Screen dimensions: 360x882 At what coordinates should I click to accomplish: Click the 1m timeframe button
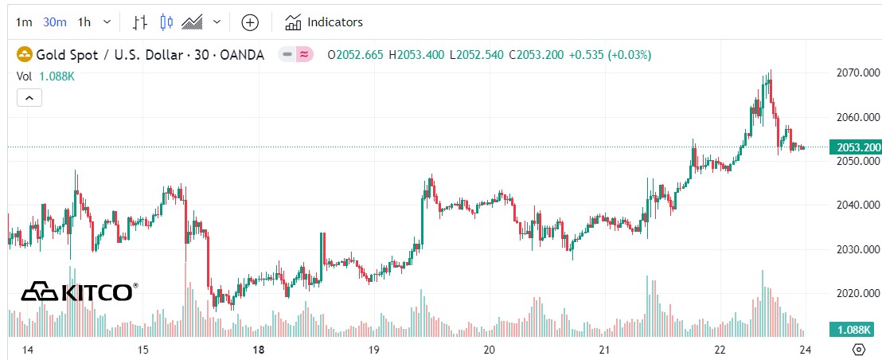[x=24, y=22]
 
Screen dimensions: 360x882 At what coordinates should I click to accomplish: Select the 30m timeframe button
[x=54, y=22]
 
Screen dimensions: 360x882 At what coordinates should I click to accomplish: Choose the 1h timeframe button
[x=84, y=22]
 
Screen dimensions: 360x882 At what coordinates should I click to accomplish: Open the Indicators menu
[x=324, y=22]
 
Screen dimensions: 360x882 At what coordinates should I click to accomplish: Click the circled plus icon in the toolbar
[x=250, y=22]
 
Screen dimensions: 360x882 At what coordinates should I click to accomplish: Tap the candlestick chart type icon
[x=166, y=22]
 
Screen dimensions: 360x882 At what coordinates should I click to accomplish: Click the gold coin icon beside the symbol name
[x=25, y=55]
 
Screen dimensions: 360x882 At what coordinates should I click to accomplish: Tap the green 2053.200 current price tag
[x=855, y=147]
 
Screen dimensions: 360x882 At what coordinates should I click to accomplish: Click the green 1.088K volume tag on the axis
[x=855, y=330]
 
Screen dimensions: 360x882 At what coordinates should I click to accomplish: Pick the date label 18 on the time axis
[x=258, y=350]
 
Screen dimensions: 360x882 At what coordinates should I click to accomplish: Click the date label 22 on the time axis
[x=720, y=350]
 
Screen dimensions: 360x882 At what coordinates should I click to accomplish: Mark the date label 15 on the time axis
[x=143, y=350]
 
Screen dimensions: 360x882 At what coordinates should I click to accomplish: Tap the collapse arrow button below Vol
[x=29, y=98]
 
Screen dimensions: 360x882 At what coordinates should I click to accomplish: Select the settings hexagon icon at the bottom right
[x=858, y=350]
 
